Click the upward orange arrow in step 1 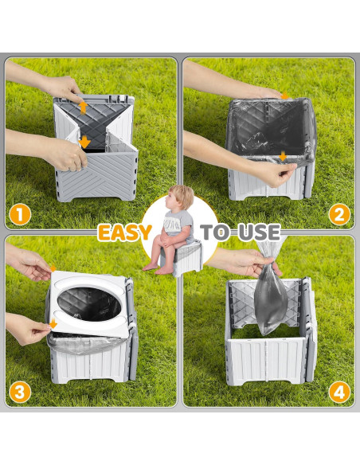pos(82,105)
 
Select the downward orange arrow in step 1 pos(85,143)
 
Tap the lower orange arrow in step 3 pos(53,323)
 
